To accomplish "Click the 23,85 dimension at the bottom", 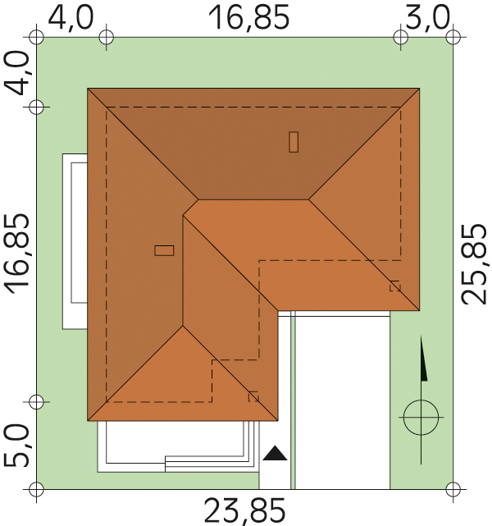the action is point(244,511).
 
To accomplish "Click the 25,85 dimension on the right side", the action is point(473,264).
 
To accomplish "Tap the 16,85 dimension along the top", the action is point(248,17).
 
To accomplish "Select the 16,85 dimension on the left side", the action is point(16,254).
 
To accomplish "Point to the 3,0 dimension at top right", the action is point(427,17).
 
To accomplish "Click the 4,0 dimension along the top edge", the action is point(71,16).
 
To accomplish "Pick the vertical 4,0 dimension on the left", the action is point(16,74).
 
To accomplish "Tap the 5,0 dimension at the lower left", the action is point(16,446).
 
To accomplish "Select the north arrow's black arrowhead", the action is point(424,359).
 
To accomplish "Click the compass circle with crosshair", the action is point(421,418).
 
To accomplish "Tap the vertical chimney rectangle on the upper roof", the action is point(294,142).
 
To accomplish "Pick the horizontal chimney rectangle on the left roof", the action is point(164,250).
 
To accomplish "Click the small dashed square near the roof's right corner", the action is point(394,286).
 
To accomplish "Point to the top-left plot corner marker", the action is point(37,37).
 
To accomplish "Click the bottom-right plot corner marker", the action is point(453,489).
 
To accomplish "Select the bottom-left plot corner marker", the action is point(37,489).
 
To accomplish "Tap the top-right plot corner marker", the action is point(453,37).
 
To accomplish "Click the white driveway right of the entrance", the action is point(343,400).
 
